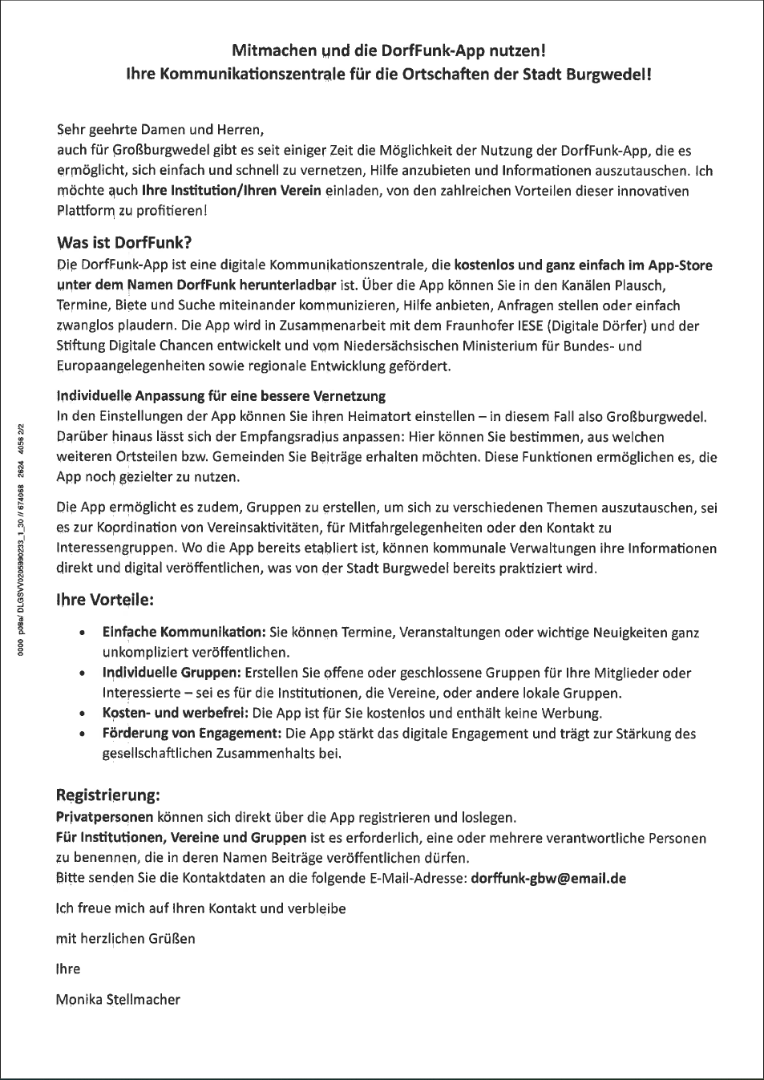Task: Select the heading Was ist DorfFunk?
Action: (124, 243)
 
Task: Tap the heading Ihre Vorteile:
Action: (105, 600)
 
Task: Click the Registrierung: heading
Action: (108, 795)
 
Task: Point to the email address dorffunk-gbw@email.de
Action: (548, 878)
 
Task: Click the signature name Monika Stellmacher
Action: (118, 999)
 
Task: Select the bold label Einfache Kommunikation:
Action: (184, 633)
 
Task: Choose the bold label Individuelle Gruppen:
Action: (172, 673)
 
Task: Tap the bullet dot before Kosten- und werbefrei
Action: (83, 713)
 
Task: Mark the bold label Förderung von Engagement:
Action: (192, 733)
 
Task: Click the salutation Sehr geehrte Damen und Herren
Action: (160, 130)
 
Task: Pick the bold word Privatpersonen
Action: (104, 818)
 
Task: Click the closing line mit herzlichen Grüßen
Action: (125, 938)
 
